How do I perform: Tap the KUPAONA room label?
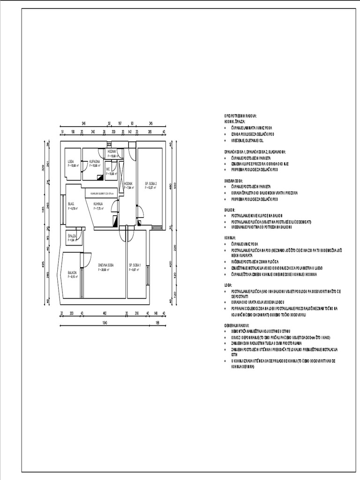pyautogui.click(x=95, y=162)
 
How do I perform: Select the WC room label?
pyautogui.click(x=108, y=170)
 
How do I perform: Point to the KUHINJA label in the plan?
pyautogui.click(x=98, y=204)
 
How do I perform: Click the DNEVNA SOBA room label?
pyautogui.click(x=105, y=265)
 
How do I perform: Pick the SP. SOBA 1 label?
pyautogui.click(x=135, y=265)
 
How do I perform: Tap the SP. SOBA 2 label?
pyautogui.click(x=150, y=183)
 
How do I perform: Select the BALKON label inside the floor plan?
pyautogui.click(x=72, y=272)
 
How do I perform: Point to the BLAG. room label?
pyautogui.click(x=71, y=204)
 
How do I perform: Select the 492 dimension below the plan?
pyautogui.click(x=105, y=313)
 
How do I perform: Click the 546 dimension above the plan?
pyautogui.click(x=83, y=123)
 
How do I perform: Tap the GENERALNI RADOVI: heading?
pyautogui.click(x=237, y=325)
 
